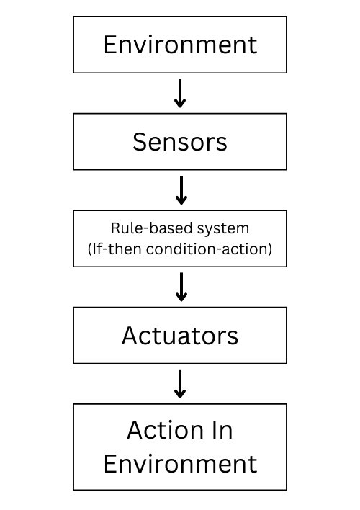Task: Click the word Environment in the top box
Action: [180, 45]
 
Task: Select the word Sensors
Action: [180, 142]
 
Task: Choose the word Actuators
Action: [180, 336]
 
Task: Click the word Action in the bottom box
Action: [161, 430]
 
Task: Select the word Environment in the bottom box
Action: [180, 463]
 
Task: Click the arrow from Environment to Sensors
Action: [180, 93]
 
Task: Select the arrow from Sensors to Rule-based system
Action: [181, 190]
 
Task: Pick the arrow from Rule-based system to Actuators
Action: [181, 287]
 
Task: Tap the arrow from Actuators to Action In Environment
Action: [181, 384]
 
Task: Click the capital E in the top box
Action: [110, 45]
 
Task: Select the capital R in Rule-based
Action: [115, 228]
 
